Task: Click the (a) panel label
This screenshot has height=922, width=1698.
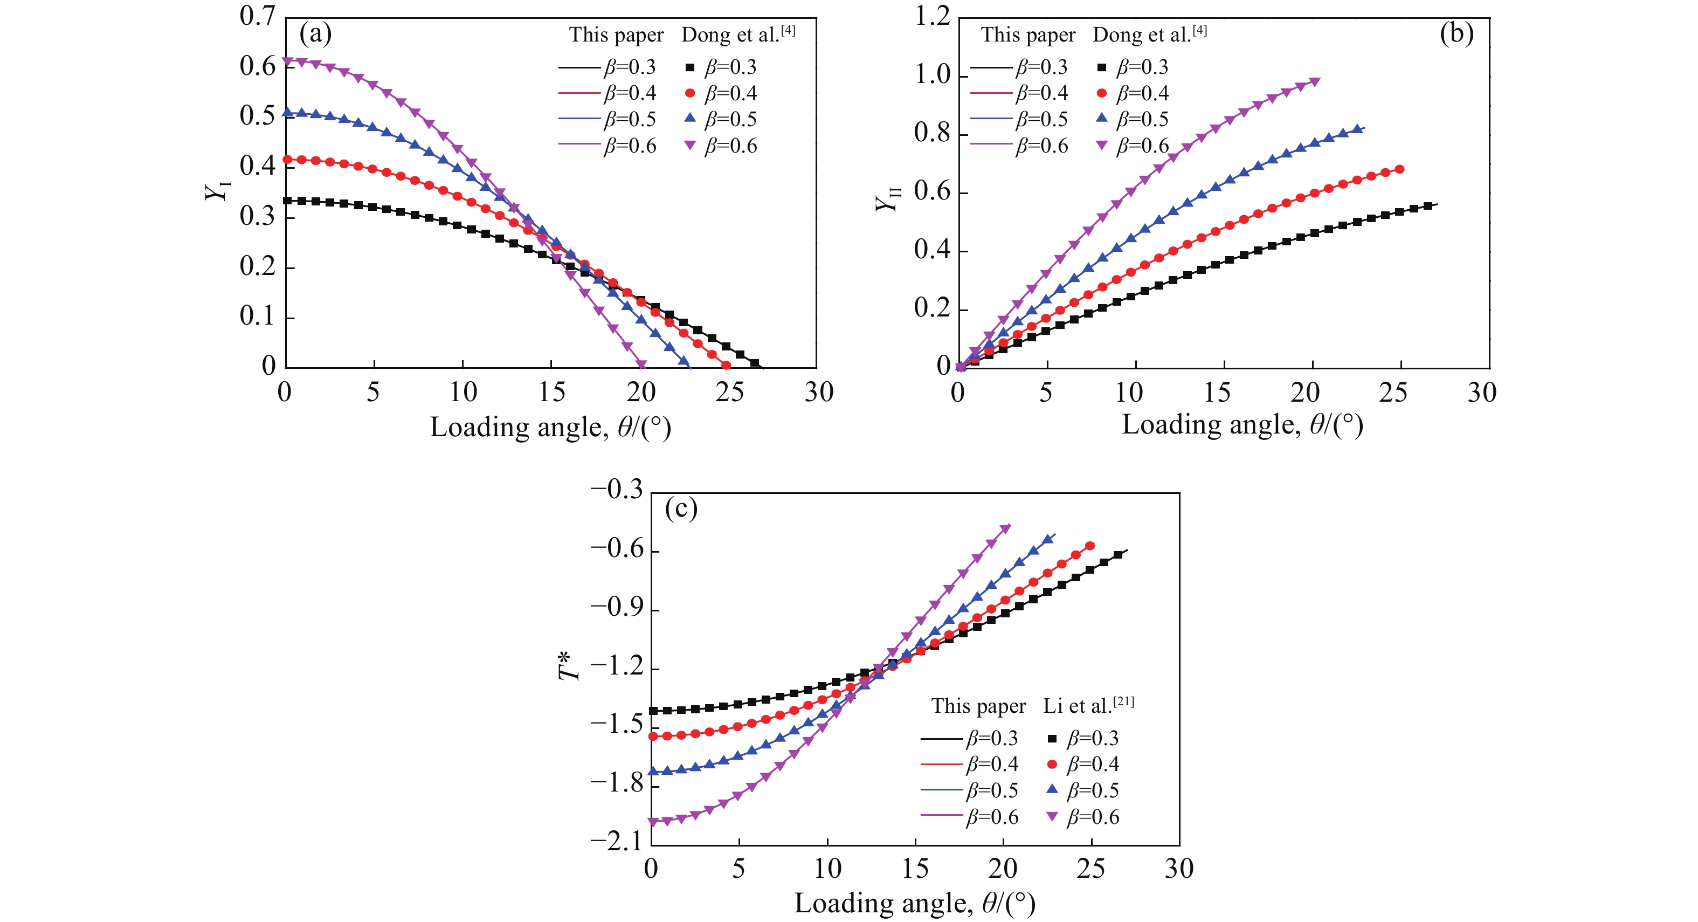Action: (315, 33)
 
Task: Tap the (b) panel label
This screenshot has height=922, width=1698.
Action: (1456, 33)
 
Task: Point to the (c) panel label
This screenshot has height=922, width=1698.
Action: (681, 508)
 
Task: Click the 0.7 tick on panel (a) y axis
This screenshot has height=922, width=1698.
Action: (258, 16)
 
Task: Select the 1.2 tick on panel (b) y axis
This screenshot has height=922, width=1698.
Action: (933, 16)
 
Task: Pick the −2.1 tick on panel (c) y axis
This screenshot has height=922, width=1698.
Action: (616, 842)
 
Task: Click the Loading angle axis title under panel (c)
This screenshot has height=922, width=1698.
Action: (914, 903)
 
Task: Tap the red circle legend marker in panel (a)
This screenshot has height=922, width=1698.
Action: (690, 93)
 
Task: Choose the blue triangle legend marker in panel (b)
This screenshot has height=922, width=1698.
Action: (1101, 119)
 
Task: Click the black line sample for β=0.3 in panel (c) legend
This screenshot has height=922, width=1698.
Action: (942, 739)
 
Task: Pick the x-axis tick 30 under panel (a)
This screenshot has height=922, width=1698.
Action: (819, 393)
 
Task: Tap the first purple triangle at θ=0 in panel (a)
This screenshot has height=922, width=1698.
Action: (287, 61)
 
